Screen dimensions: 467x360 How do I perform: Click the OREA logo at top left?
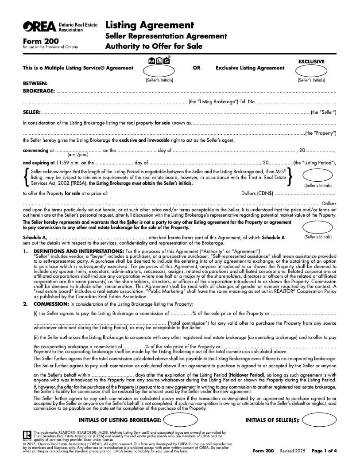coord(39,27)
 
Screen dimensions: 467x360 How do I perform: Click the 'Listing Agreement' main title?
coord(150,25)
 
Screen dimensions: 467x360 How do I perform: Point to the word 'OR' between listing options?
coord(197,68)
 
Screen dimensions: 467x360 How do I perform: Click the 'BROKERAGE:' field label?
coord(39,91)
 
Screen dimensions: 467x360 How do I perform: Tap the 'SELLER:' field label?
coord(32,113)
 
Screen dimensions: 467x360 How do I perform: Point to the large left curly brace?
coord(27,177)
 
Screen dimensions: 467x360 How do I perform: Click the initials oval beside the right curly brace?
coord(317,175)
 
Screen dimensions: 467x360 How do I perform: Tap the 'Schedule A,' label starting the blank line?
coord(35,237)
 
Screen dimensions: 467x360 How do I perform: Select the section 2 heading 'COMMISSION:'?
coord(51,304)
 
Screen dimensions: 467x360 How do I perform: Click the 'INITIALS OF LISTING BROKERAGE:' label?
coord(120,420)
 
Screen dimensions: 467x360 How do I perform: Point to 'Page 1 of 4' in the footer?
coord(324,451)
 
